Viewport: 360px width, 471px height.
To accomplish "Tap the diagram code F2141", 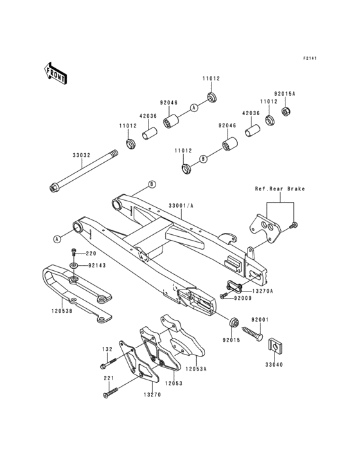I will click(x=312, y=59).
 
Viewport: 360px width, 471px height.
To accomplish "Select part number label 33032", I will click(x=71, y=154).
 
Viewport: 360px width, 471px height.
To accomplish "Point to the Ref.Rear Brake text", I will click(x=280, y=189).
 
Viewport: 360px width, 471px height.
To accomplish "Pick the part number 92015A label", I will click(x=284, y=93).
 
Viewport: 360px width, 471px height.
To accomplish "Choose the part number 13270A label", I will click(x=262, y=291).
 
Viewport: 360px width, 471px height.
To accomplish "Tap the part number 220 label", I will click(x=91, y=253).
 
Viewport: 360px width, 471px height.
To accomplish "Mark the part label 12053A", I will click(x=195, y=369).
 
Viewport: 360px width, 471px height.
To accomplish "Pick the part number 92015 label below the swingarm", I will click(x=231, y=339).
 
